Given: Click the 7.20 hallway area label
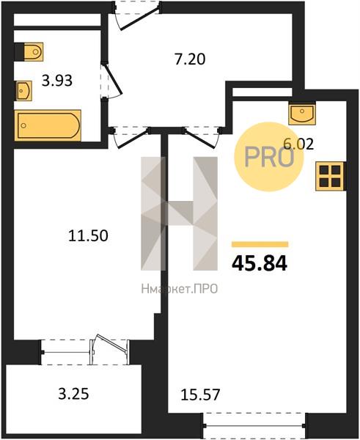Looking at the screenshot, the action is (190, 59).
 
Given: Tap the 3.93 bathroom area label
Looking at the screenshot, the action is (57, 81).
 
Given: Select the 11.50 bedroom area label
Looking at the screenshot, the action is (88, 235).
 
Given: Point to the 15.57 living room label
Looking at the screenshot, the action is (200, 395).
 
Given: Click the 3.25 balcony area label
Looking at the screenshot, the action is (73, 394).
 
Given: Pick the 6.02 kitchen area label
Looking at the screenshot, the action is (298, 144).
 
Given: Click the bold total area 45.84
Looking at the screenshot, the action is (260, 263).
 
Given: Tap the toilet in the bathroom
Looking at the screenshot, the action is (29, 51).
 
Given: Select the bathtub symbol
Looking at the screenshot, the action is (48, 125).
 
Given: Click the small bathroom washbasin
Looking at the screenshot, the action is (23, 91).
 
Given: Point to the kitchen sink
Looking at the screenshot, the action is (302, 113).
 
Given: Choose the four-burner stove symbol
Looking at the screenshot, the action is (331, 176).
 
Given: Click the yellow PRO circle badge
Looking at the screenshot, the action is (269, 157).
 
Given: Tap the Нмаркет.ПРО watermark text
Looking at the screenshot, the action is (180, 289).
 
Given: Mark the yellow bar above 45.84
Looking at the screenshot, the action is (260, 244).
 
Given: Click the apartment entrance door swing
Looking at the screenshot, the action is (137, 18).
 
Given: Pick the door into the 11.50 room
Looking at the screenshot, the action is (131, 138).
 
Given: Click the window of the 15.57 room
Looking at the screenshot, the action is (254, 425).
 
